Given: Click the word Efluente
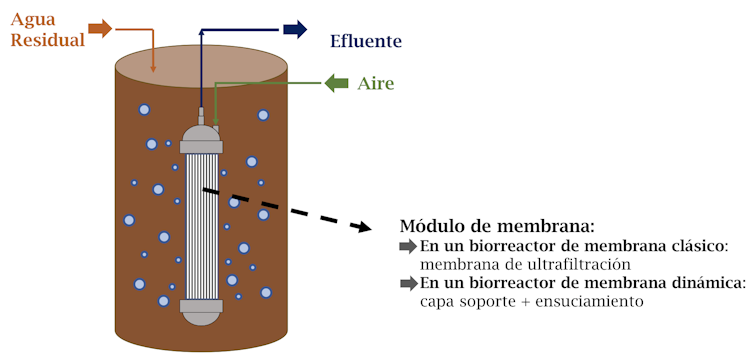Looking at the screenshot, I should point(365,41).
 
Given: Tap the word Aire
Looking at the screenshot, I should point(376,84).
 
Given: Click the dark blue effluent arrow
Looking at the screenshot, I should point(294,29).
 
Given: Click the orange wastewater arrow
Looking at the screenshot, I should point(100,28).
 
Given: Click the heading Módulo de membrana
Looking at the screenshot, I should point(497,226).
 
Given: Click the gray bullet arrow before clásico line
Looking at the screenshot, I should point(408,246).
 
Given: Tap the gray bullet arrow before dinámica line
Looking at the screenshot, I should point(408,283).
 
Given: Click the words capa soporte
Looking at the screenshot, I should point(462,301).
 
